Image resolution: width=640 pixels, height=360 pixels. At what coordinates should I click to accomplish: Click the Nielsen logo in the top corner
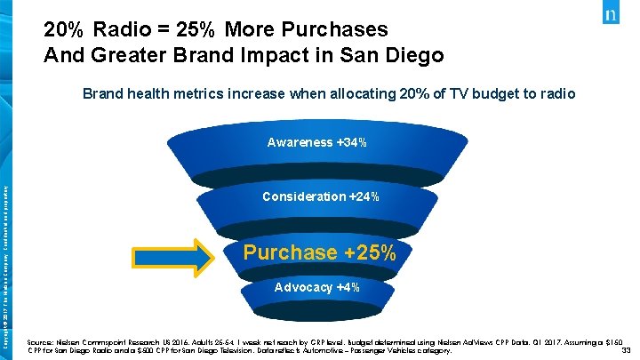pyautogui.click(x=612, y=15)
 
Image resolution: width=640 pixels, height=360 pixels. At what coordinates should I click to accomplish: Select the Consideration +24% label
pyautogui.click(x=321, y=196)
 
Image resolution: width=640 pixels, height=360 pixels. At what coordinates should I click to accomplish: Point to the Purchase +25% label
pyautogui.click(x=319, y=252)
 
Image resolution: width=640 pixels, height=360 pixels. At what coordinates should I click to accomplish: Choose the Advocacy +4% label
pyautogui.click(x=316, y=288)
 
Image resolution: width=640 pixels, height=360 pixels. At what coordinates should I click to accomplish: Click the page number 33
pyautogui.click(x=626, y=350)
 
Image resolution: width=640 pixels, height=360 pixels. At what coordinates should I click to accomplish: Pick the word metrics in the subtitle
pyautogui.click(x=194, y=93)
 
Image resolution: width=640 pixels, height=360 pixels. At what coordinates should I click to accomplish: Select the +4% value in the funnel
pyautogui.click(x=348, y=288)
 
